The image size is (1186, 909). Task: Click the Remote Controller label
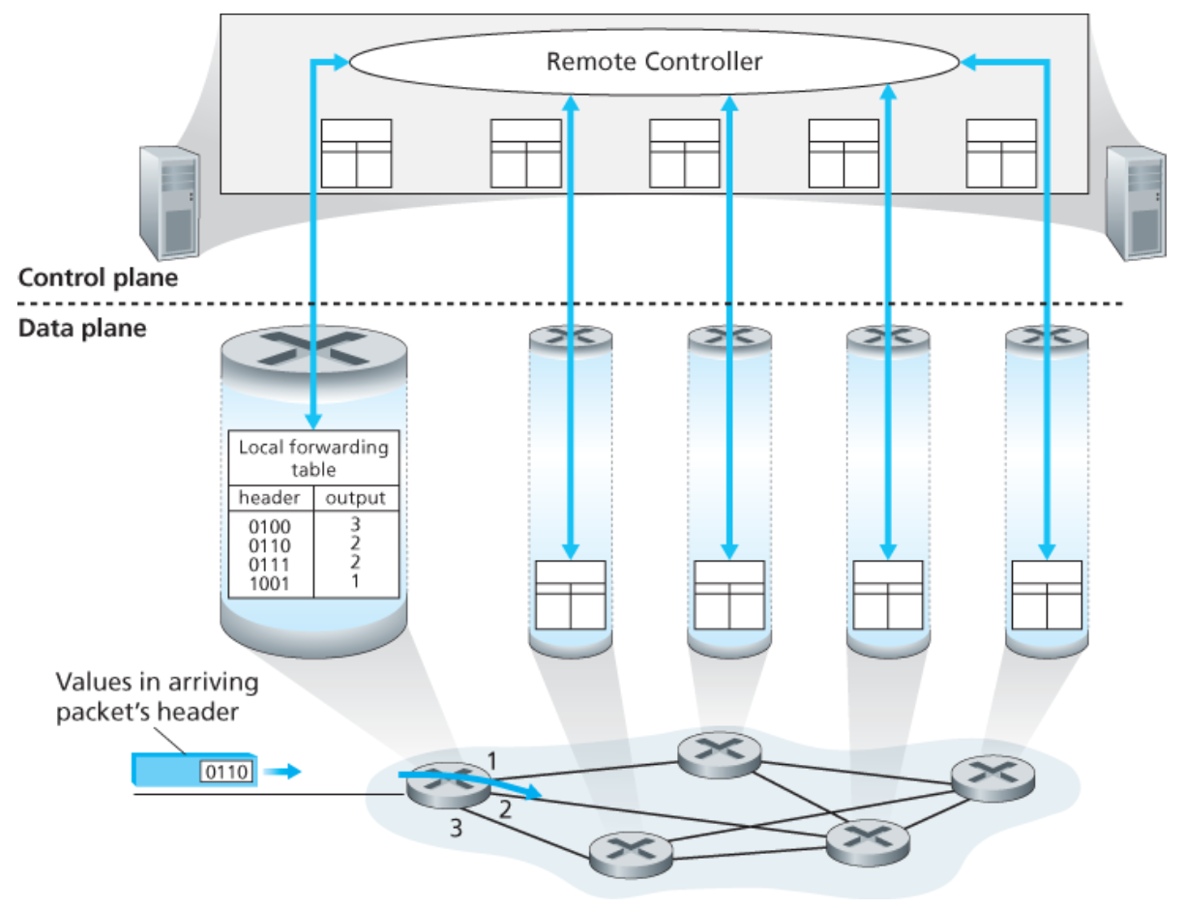[x=654, y=62]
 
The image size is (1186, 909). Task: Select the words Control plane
[x=99, y=279]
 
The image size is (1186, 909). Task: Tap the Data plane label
[x=82, y=328]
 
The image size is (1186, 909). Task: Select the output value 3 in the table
[x=355, y=524]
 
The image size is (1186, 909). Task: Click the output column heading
[x=355, y=498]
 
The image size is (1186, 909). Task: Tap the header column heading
[x=271, y=498]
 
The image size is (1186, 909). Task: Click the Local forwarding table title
[x=313, y=457]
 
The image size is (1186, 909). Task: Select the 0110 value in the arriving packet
[x=226, y=771]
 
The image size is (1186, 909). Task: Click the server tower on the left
[x=168, y=200]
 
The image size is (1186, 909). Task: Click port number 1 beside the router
[x=491, y=762]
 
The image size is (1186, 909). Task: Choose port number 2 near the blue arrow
[x=504, y=809]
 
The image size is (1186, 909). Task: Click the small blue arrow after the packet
[x=282, y=771]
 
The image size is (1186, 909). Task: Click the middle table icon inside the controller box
[x=684, y=153]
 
